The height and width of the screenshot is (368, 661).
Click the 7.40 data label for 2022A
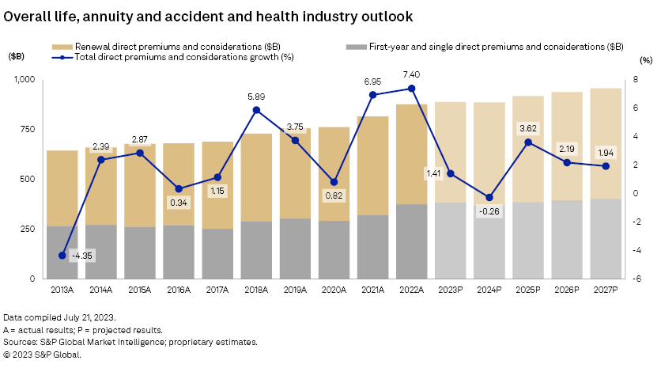(x=411, y=73)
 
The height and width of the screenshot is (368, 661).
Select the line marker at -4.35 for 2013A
(x=62, y=255)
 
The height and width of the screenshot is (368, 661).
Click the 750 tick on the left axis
(x=27, y=130)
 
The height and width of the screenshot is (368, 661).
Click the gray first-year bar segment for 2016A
(x=179, y=252)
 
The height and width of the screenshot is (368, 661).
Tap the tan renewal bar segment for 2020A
(x=334, y=174)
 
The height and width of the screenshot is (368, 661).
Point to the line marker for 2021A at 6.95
(x=372, y=95)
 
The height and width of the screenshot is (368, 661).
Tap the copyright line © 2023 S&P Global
(x=43, y=354)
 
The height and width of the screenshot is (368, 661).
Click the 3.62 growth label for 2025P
(x=527, y=127)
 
